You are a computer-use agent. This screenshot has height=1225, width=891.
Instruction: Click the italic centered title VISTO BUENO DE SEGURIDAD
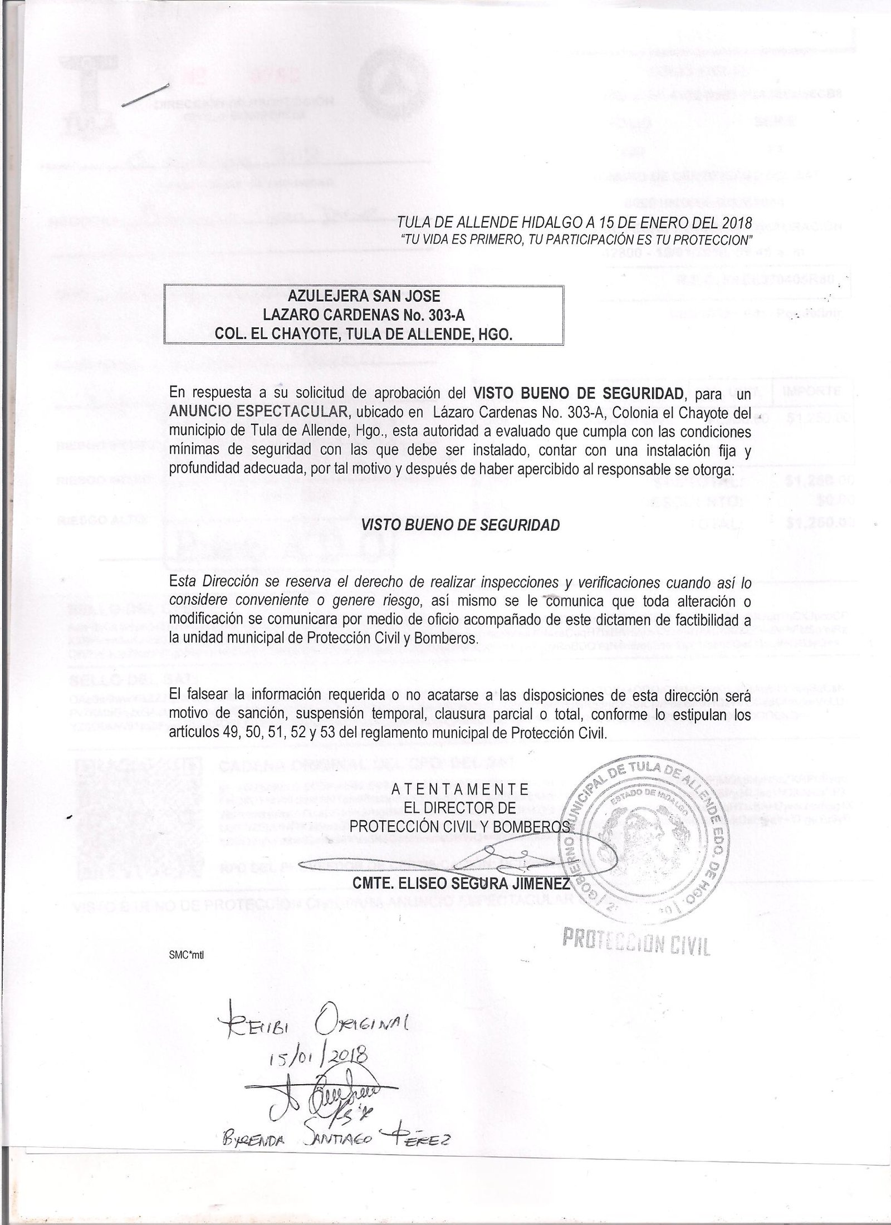pos(461,525)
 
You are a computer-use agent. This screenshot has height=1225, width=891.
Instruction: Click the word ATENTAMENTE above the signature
pos(460,788)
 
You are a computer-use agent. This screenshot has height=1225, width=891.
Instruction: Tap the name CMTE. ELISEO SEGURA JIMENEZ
pos(461,884)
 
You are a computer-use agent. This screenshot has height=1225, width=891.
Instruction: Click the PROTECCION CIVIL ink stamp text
pos(635,940)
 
